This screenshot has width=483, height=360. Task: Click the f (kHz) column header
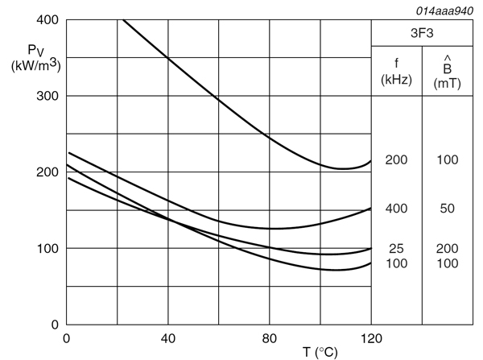(x=396, y=72)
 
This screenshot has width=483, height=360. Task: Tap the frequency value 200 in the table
(x=396, y=160)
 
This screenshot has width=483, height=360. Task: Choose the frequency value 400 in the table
(x=396, y=209)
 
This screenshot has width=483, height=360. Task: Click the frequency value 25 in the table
(x=396, y=249)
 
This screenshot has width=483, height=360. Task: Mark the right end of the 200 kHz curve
(x=371, y=161)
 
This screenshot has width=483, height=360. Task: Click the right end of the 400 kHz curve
(x=371, y=208)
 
